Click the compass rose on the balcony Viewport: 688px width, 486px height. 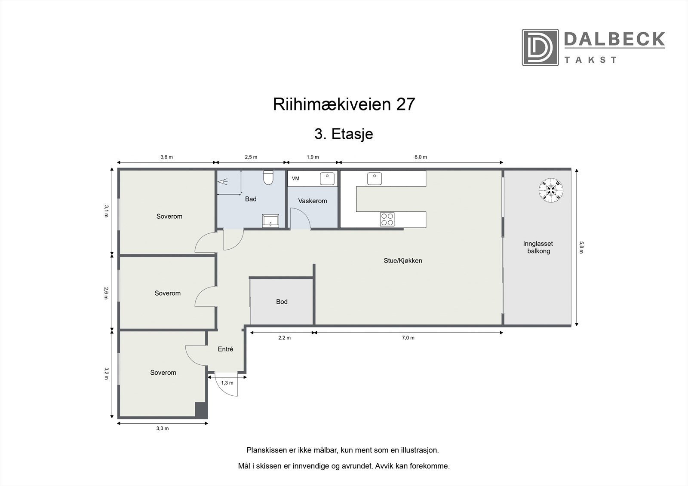(x=551, y=190)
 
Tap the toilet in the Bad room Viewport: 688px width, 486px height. (x=269, y=177)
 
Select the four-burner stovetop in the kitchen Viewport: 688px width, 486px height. (x=387, y=219)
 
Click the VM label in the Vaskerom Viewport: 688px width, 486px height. (x=295, y=178)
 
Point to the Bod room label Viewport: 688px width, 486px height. (x=282, y=302)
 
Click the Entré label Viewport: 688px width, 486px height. (x=225, y=349)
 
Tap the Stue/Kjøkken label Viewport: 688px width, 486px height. (x=403, y=260)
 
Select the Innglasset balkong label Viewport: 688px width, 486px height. (x=538, y=248)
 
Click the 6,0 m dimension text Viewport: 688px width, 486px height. (x=421, y=157)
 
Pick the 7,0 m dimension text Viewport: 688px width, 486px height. (x=408, y=338)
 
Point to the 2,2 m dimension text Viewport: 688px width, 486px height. (x=284, y=338)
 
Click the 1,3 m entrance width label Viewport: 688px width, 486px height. (x=227, y=383)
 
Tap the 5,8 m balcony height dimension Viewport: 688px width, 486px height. (x=581, y=247)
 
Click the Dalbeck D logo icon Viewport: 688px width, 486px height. (x=540, y=47)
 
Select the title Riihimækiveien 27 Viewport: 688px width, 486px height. (x=344, y=104)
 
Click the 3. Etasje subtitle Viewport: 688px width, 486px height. (x=344, y=134)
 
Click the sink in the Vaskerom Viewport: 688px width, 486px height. (x=328, y=178)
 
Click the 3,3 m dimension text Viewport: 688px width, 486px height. (x=162, y=428)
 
